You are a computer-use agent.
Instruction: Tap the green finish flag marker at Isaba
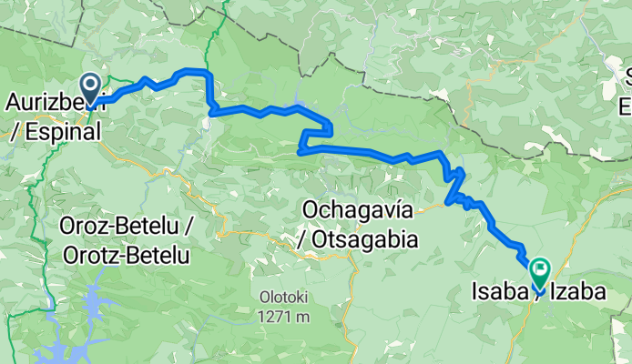coord(541,270)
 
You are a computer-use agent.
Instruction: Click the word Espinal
coord(61,132)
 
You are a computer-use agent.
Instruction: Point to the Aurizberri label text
coord(46,101)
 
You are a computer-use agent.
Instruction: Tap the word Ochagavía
coord(356,211)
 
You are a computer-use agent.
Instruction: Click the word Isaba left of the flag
coord(497,292)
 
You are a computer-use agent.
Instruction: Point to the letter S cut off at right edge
coord(627,75)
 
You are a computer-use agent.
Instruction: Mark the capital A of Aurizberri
coord(15,101)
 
